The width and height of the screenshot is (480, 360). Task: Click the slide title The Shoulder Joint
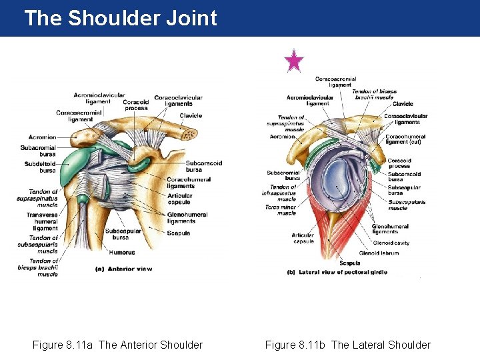coord(120,18)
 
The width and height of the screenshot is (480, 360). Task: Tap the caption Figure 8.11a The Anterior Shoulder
coord(117,345)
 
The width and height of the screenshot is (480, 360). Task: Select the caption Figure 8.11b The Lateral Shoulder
coord(347,345)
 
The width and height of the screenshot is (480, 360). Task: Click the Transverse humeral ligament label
coord(42,221)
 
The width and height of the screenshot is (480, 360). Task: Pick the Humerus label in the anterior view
coord(123,253)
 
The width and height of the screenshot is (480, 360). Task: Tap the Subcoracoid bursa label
coord(203,165)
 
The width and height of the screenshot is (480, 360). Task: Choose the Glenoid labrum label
coord(378,253)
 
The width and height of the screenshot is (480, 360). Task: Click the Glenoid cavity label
coord(391,243)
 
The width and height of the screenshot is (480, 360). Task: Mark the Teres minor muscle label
coord(280,210)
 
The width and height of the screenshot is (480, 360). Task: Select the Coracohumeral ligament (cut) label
coord(405,140)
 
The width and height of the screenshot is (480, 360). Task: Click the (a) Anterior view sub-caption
coord(125,269)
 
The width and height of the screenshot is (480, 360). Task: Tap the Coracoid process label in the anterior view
coord(135,105)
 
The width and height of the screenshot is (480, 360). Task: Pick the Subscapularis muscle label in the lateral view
coord(407,205)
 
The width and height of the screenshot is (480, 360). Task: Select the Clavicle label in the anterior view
coord(191,116)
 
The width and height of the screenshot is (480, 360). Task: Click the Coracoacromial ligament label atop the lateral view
coord(335,82)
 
